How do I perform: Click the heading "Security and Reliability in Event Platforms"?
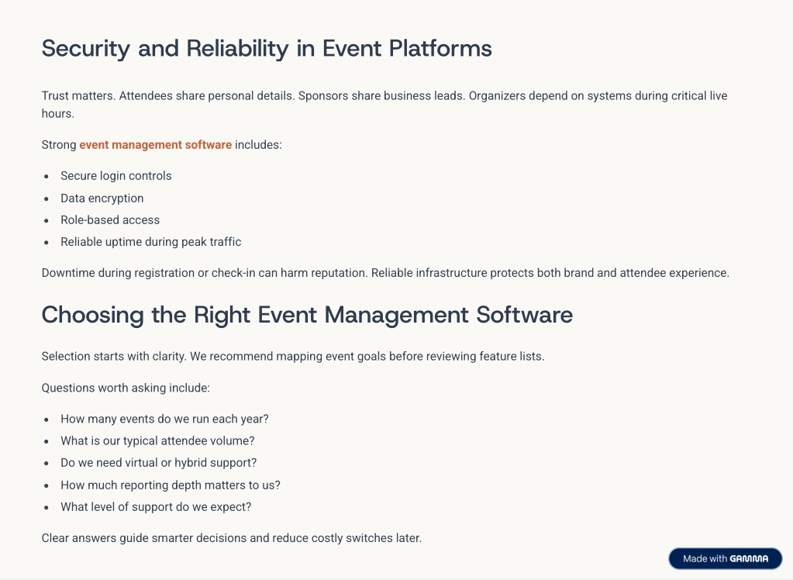(x=267, y=49)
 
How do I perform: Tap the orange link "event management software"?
(x=155, y=145)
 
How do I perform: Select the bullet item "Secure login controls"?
(x=116, y=176)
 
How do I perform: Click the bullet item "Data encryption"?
(x=102, y=199)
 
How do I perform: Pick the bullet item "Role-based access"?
(x=110, y=220)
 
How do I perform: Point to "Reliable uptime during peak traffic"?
(x=150, y=242)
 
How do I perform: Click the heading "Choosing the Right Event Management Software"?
(x=307, y=315)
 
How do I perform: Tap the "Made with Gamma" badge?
(x=725, y=558)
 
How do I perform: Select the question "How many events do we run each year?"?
(x=164, y=419)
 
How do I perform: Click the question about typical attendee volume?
(x=157, y=441)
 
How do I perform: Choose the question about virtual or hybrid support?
(x=158, y=463)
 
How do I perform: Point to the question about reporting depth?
(x=171, y=485)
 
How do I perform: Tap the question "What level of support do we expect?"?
(x=156, y=507)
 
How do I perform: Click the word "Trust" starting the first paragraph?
(x=55, y=96)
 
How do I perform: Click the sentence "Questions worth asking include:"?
(x=126, y=388)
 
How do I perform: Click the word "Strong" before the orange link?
(x=59, y=145)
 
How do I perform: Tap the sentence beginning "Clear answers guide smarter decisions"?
(x=231, y=538)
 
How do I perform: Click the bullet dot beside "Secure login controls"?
(x=47, y=177)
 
